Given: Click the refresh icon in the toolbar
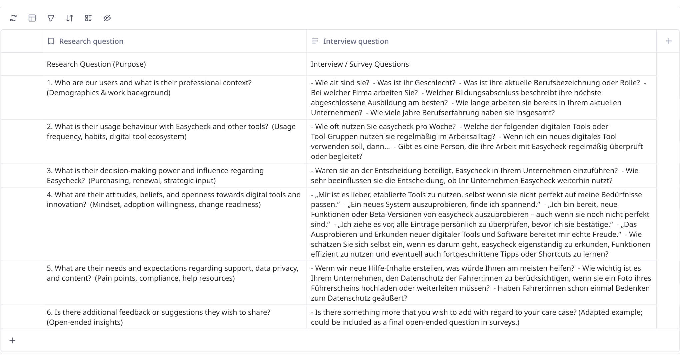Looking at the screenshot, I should tap(13, 18).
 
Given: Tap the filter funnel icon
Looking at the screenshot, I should tap(51, 18).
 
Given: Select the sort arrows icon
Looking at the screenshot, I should tap(69, 18).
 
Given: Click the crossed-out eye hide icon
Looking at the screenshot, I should tap(107, 18).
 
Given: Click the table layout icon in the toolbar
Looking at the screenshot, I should tap(32, 18).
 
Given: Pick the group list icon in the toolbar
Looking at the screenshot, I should tap(88, 18).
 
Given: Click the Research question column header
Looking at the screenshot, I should tap(91, 41).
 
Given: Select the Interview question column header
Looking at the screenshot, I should tap(356, 41).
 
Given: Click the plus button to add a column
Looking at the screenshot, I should tap(669, 41).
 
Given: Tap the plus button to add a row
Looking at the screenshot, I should tap(12, 340).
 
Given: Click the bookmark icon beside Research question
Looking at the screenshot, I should tap(51, 41).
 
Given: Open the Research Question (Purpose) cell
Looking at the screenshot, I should tap(96, 64).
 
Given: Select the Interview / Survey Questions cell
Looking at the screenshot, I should tap(360, 64).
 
